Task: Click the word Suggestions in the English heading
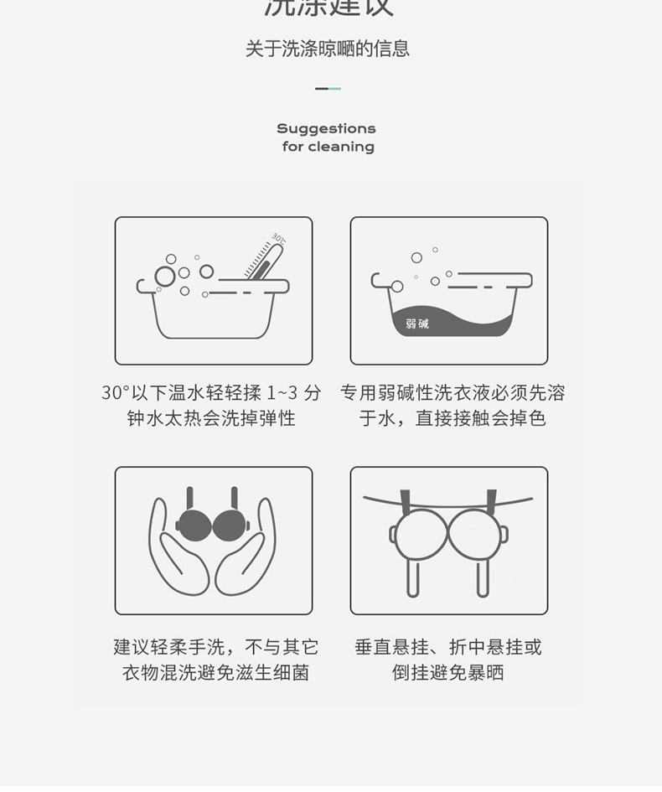point(326,128)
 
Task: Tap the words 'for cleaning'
point(328,147)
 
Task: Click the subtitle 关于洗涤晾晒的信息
point(328,49)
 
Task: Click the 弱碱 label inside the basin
point(417,324)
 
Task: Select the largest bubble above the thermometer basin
point(165,277)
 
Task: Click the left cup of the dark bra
point(194,525)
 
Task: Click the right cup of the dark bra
point(230,525)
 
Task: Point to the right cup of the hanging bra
point(476,534)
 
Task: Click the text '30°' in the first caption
point(116,392)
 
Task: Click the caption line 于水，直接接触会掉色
point(453,418)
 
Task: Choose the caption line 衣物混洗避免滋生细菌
point(215,673)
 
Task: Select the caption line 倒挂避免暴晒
point(448,673)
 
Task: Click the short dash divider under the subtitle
point(328,88)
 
